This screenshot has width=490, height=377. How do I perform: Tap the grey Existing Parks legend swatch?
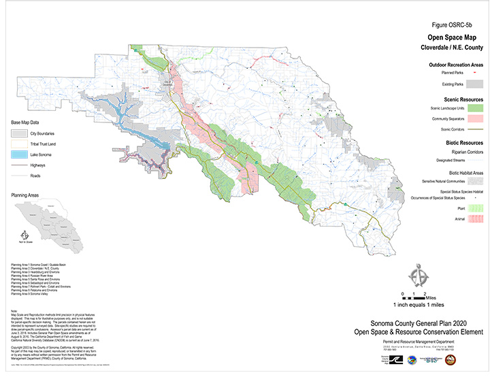pos(478,84)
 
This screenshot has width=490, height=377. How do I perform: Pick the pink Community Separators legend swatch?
pos(478,119)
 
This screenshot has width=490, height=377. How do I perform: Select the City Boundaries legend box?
pos(20,133)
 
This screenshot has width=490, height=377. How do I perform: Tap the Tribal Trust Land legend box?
pos(20,144)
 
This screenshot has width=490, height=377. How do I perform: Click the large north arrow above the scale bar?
pos(414,276)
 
